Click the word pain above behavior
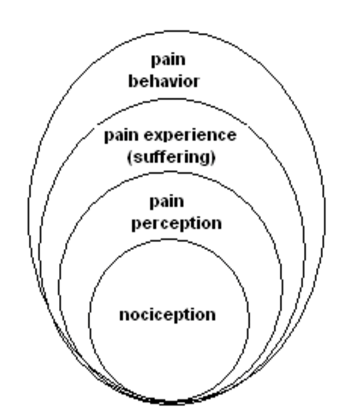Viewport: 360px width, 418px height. coord(168,60)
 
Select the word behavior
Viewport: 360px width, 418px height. coord(164,82)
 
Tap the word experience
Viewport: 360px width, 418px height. coord(190,136)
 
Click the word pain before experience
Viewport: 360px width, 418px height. coord(121,136)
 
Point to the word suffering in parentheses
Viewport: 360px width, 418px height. coord(171,157)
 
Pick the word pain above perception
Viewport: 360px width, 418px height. coord(167,202)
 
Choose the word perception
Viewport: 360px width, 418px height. coord(177,224)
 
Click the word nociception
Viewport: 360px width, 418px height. coord(167,315)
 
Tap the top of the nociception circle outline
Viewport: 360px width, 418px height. coord(169,240)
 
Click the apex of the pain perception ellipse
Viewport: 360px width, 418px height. coord(170,173)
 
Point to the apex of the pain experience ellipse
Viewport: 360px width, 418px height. coord(171,99)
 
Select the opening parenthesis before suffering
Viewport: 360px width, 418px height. coord(130,158)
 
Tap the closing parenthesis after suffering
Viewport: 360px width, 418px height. coord(213,158)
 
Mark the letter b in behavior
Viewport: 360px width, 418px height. coord(132,82)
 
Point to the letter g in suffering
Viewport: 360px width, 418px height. coord(205,159)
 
